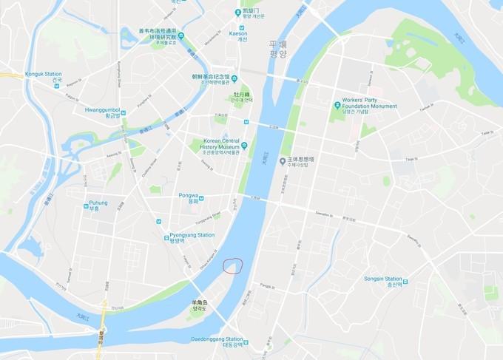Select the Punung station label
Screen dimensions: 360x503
97,206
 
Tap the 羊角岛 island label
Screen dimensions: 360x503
201,310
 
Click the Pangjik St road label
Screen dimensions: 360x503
264,284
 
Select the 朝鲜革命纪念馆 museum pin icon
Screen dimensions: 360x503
234,80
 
